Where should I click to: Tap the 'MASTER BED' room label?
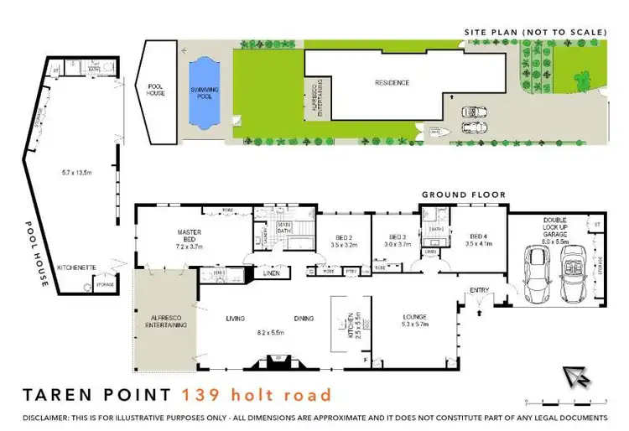185,231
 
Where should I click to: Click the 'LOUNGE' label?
415,316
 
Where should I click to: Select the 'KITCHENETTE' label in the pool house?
75,267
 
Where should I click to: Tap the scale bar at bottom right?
564,399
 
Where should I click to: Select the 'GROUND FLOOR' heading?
463,195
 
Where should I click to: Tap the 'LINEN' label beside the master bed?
270,272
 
